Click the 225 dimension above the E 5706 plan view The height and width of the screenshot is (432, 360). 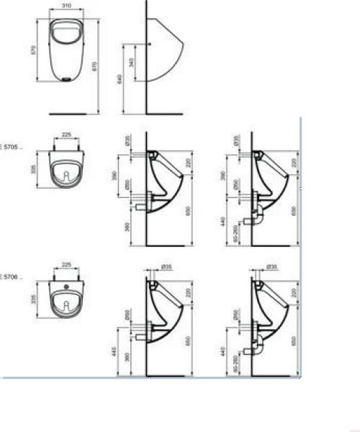click(67, 264)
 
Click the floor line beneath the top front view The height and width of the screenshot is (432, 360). click(71, 113)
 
